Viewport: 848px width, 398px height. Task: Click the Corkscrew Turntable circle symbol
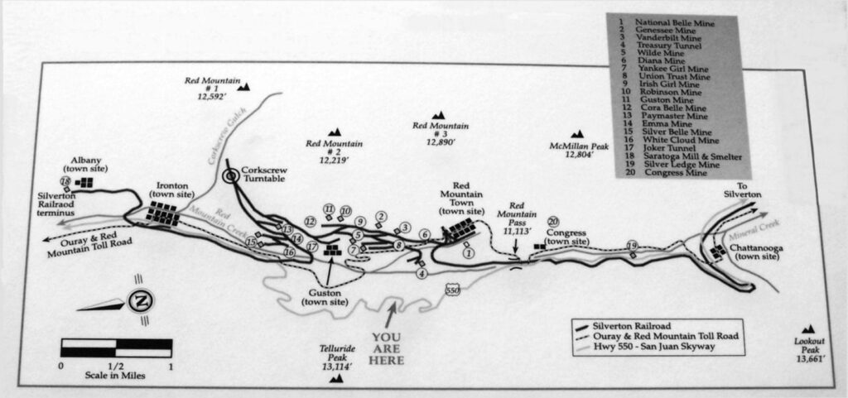coord(231,175)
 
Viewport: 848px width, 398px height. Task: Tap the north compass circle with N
coord(141,300)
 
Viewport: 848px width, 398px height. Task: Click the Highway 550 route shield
coord(453,290)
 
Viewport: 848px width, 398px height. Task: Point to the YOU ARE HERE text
coord(388,348)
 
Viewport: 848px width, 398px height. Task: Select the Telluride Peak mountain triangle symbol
coord(336,379)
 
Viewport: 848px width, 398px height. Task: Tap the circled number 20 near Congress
coord(552,222)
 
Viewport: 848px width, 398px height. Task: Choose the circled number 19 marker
coord(632,246)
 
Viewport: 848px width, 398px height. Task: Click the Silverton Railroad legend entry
coord(624,326)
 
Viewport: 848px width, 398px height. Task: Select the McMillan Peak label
coord(579,150)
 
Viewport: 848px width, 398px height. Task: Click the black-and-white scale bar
coord(116,348)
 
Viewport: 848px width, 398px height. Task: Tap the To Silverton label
coord(744,190)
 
